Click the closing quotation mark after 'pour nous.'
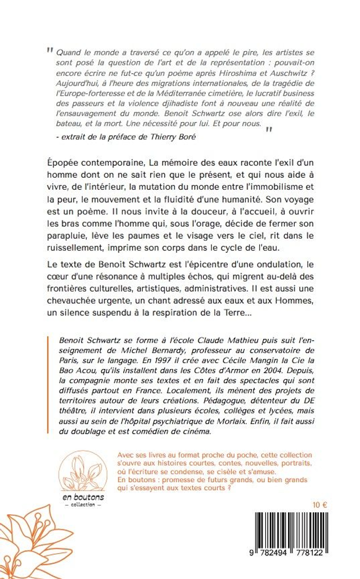click(x=269, y=130)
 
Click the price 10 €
click(x=320, y=505)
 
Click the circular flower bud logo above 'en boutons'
click(x=84, y=472)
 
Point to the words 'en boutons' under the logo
click(x=84, y=497)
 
